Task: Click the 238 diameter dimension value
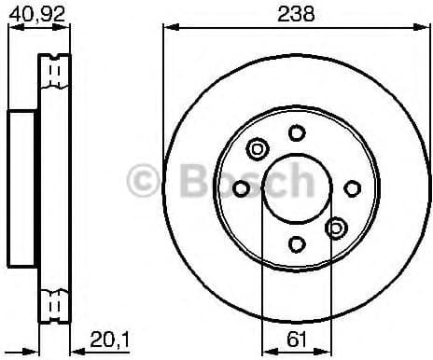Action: [295, 13]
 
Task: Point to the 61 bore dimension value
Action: [295, 337]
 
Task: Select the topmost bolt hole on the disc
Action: [296, 132]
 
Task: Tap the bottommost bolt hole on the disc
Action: [296, 244]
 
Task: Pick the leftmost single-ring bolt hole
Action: [241, 188]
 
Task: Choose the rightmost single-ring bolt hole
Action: [352, 188]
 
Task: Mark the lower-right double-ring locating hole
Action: [335, 228]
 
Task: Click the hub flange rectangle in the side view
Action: [21, 188]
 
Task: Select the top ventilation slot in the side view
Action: [55, 71]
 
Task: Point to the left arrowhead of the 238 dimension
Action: [168, 27]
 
